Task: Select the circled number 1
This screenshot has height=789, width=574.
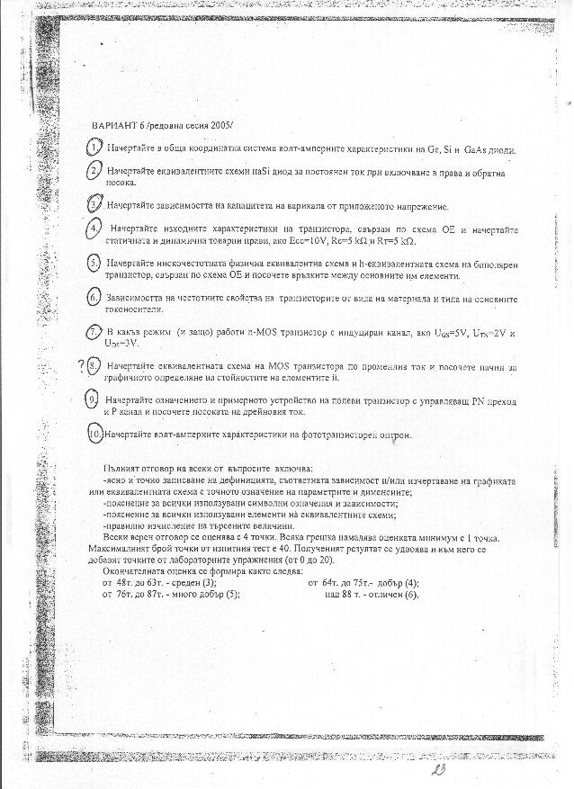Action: (94, 147)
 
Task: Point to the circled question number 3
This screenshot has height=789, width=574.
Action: (94, 204)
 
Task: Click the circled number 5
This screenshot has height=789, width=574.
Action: (94, 263)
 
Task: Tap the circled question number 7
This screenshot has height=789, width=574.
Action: (94, 333)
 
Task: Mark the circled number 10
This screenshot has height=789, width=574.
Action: (95, 434)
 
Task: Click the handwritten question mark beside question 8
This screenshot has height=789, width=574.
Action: (82, 365)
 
